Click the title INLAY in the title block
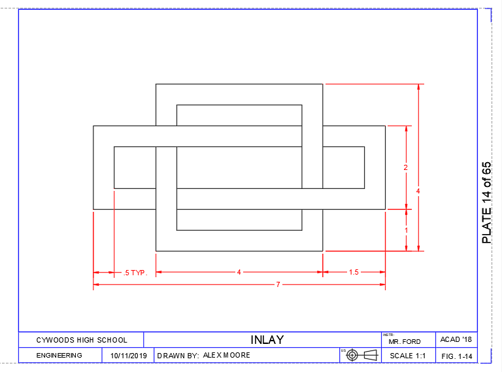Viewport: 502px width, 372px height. pyautogui.click(x=267, y=340)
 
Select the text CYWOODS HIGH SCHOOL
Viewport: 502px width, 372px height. pyautogui.click(x=82, y=340)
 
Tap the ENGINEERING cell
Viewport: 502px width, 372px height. pyautogui.click(x=59, y=356)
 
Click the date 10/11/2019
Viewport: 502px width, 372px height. pyautogui.click(x=128, y=356)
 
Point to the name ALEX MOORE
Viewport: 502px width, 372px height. pyautogui.click(x=226, y=356)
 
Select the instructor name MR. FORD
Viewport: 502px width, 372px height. pyautogui.click(x=403, y=342)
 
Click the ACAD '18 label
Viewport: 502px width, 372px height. pyautogui.click(x=456, y=340)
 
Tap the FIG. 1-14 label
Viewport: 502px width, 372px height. pyautogui.click(x=456, y=356)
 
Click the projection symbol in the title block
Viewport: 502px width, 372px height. pyautogui.click(x=362, y=355)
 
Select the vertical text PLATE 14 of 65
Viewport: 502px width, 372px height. pyautogui.click(x=486, y=203)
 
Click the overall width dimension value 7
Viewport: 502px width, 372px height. pyautogui.click(x=278, y=284)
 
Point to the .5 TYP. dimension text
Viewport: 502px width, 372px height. pyautogui.click(x=135, y=273)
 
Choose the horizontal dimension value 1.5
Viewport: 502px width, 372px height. pyautogui.click(x=354, y=272)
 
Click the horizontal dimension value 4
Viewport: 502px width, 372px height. pyautogui.click(x=239, y=272)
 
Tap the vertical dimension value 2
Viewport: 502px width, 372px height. pyautogui.click(x=405, y=167)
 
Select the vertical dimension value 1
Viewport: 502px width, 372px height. pyautogui.click(x=406, y=230)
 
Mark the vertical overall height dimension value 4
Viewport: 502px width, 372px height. pyautogui.click(x=418, y=191)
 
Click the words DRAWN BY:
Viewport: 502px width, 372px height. pyautogui.click(x=178, y=356)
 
